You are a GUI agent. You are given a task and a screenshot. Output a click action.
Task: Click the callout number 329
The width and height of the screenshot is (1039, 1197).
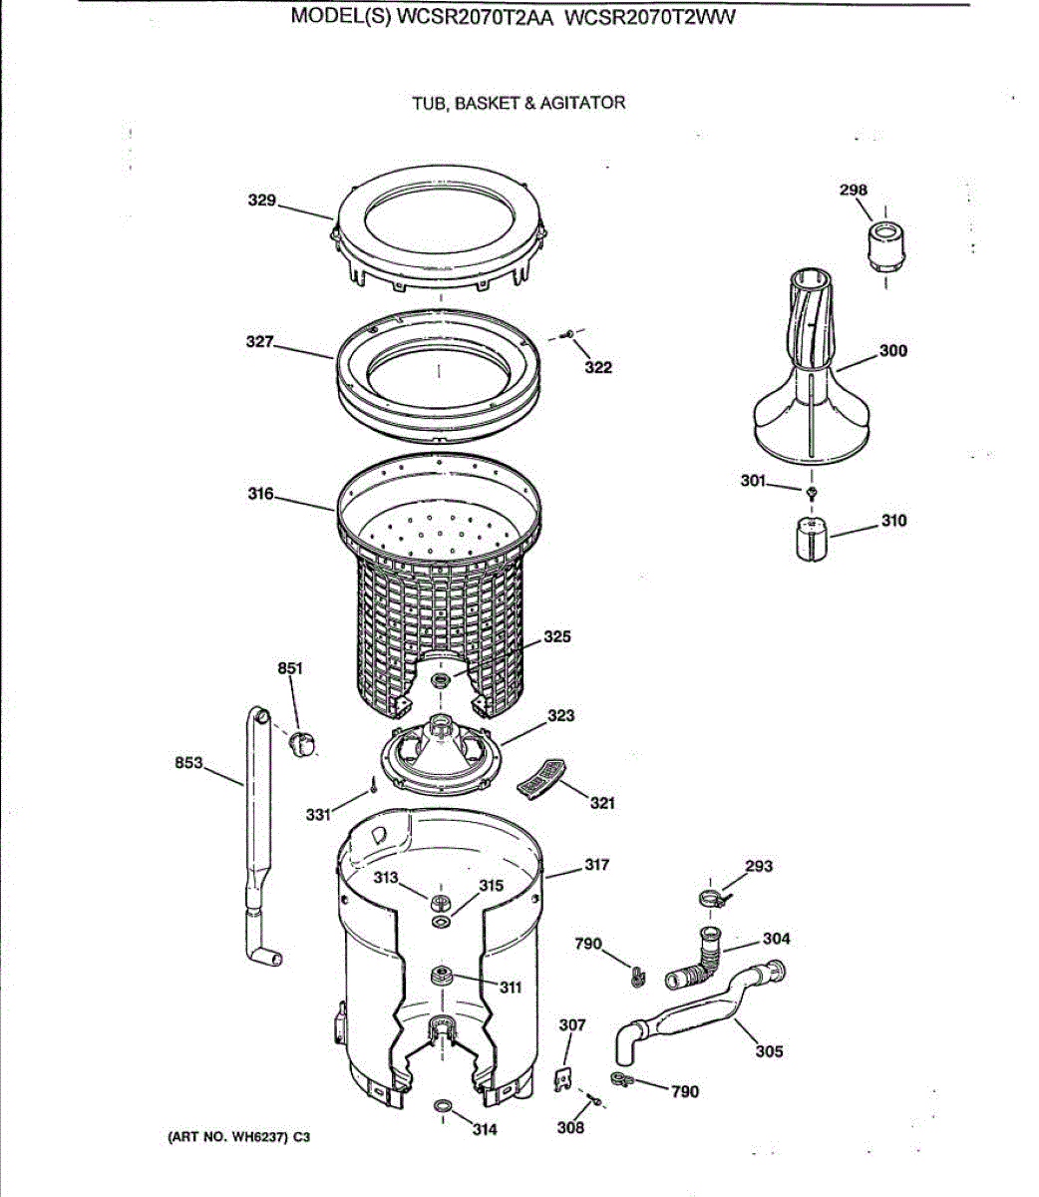tap(261, 200)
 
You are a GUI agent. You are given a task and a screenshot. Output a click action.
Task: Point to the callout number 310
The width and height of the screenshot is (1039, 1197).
tap(893, 521)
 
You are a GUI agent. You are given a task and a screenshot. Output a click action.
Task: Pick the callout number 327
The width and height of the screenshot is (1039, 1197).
tap(260, 342)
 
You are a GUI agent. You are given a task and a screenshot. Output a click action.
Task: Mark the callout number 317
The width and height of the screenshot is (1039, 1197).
tap(596, 865)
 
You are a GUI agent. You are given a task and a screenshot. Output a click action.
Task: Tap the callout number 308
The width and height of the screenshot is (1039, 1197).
tap(570, 1128)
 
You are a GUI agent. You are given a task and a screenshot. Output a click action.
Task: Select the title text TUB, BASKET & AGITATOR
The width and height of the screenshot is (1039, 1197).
tap(519, 103)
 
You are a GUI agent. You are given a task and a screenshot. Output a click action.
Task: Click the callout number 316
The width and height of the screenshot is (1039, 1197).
tap(261, 494)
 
